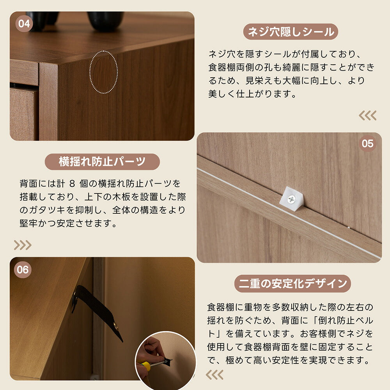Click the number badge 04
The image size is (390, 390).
tap(24, 24)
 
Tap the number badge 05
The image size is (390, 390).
tap(367, 144)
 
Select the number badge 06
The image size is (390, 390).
tap(23, 269)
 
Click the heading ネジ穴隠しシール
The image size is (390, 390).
tap(291, 32)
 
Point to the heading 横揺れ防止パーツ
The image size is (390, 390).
tap(102, 162)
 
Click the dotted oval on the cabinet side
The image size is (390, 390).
tap(103, 73)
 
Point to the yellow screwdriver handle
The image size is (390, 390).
tap(145, 365)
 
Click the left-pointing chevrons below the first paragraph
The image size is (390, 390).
tap(367, 115)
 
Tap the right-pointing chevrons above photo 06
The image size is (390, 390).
tap(23, 245)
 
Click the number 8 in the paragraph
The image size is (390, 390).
tap(71, 184)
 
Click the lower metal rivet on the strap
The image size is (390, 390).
tap(115, 324)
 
